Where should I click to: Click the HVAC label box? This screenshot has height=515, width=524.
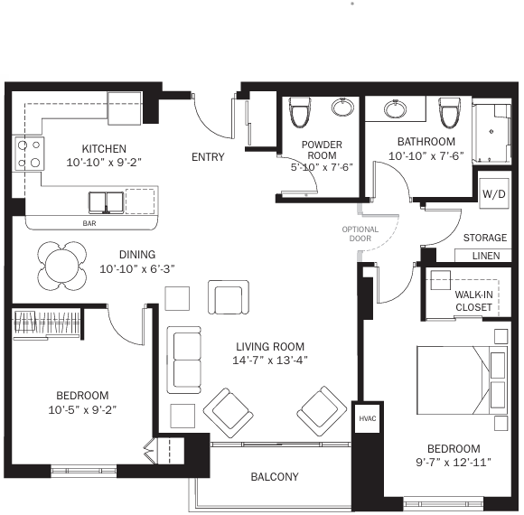point(368,418)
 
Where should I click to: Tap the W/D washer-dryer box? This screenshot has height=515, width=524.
point(494,193)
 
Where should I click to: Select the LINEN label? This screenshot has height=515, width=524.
point(486,256)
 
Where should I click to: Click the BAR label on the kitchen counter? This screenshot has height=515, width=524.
point(89,223)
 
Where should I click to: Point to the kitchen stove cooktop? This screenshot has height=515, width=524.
point(29,154)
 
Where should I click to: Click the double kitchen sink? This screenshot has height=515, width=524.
point(106,202)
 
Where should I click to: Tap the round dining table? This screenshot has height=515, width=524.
point(62,266)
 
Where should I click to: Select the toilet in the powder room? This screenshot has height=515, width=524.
point(299,112)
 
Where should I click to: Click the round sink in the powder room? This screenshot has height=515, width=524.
point(342,108)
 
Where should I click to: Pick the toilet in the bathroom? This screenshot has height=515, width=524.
point(449,113)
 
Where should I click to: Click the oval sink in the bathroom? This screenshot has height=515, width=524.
point(396,109)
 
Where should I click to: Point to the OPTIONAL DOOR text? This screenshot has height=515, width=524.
point(360,234)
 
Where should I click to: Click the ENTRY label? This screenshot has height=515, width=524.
point(208,156)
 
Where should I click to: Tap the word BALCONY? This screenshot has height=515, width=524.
point(275,476)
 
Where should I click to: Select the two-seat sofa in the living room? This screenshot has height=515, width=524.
point(183,360)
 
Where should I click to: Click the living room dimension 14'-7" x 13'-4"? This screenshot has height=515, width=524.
point(270,360)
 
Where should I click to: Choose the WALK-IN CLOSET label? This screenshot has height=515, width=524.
point(473,301)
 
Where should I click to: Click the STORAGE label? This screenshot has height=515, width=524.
point(485,238)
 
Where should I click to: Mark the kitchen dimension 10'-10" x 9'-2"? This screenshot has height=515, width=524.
point(104,163)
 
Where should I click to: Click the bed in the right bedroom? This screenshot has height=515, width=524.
point(463,380)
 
